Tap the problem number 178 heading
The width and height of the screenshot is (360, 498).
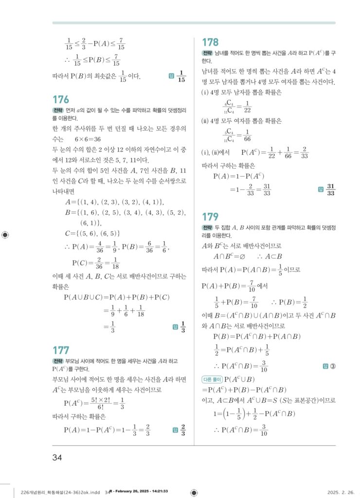point(210,42)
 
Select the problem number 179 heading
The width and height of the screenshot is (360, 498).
point(210,217)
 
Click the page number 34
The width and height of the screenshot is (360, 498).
point(57,457)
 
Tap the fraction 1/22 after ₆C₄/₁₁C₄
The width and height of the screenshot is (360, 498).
point(247,107)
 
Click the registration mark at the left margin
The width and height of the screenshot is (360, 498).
point(5,234)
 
